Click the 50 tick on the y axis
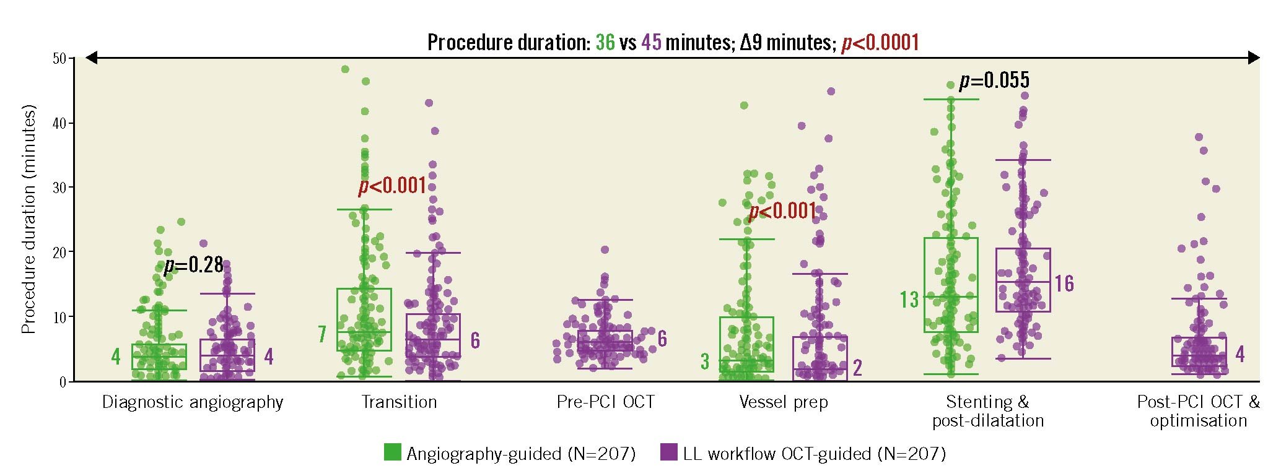click(x=59, y=59)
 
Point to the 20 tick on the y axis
click(x=59, y=252)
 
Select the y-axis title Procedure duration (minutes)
click(x=28, y=219)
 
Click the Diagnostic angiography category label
click(x=193, y=402)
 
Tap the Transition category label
click(x=399, y=402)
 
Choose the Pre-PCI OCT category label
click(x=605, y=402)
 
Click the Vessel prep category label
click(x=784, y=402)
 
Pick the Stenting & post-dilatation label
click(x=988, y=412)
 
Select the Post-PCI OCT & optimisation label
click(x=1198, y=412)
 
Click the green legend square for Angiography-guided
click(x=392, y=452)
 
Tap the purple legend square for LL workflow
click(x=669, y=452)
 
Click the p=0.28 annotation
click(x=193, y=265)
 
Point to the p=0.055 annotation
click(x=994, y=80)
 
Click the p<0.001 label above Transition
click(x=393, y=186)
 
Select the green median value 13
click(x=909, y=300)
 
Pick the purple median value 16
click(x=1064, y=283)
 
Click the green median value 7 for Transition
click(x=322, y=334)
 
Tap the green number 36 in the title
click(x=605, y=42)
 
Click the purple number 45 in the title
click(x=651, y=42)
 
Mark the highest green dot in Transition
click(x=345, y=69)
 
